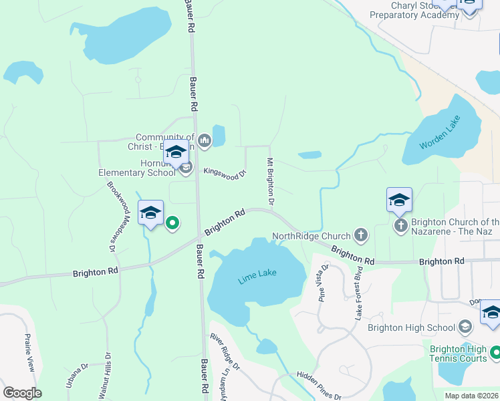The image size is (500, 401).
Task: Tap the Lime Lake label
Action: pos(257,277)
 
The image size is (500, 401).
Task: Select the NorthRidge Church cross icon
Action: pos(361,235)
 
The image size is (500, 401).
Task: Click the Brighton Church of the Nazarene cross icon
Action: pos(400,225)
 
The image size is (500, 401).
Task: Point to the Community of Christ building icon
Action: pos(205,140)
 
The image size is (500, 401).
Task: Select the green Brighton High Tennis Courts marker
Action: pos(495,352)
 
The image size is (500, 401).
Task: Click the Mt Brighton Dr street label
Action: pos(271,181)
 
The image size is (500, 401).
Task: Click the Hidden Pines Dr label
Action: pos(319,386)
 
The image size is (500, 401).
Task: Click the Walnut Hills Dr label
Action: pos(104,376)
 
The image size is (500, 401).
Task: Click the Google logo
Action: pos(22,393)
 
